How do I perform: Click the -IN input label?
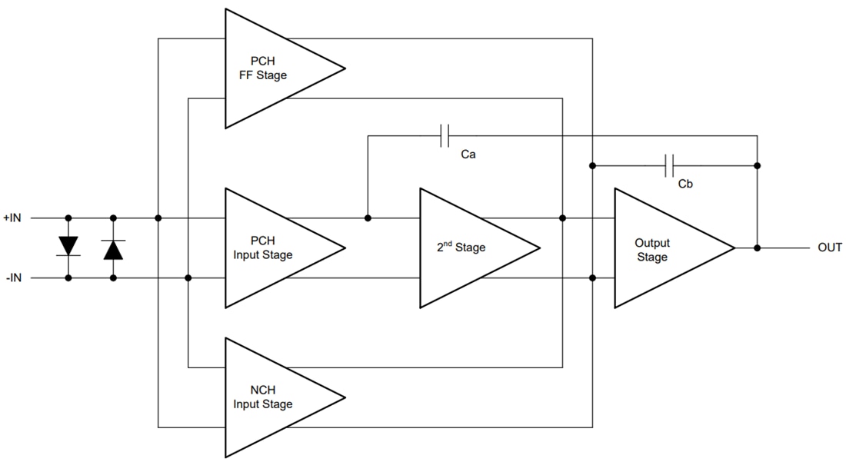(14, 278)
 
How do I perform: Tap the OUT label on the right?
(830, 248)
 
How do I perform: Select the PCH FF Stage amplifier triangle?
(269, 68)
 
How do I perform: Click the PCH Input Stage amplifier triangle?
(269, 248)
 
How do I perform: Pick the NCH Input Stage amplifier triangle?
(269, 397)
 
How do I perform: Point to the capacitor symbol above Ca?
(445, 136)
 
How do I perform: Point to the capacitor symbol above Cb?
(669, 165)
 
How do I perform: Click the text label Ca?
(468, 155)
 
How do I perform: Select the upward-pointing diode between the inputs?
(113, 248)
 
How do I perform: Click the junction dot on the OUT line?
(758, 248)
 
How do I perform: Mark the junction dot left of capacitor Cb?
(593, 165)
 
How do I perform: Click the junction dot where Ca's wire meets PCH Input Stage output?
(368, 218)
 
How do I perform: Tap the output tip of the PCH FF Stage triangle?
(344, 68)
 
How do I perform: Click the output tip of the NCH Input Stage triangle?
(344, 397)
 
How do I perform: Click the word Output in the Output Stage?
(651, 244)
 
